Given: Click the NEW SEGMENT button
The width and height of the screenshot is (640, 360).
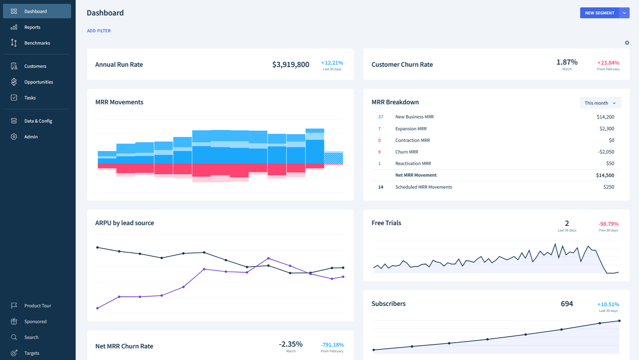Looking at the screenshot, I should point(599,13).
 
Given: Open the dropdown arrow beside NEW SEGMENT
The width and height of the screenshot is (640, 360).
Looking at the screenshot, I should point(624,13).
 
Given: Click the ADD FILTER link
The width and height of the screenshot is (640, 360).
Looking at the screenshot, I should point(99,31).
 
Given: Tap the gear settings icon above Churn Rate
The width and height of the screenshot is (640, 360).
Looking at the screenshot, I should point(627,43).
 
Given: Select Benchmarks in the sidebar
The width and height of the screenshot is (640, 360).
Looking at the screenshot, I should point(37,43).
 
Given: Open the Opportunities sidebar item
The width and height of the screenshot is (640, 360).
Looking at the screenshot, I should point(38,82).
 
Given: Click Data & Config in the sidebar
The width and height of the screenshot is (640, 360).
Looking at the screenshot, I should point(38,121).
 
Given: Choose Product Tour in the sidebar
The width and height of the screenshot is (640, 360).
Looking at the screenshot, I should point(38,306).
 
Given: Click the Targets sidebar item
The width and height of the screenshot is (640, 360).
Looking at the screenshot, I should point(32,353).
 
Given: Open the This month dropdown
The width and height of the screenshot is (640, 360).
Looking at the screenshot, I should point(600,103).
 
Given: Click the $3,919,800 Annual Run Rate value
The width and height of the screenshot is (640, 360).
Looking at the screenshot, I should point(290,65).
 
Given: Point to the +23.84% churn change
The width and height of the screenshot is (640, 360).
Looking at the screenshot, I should point(608,63).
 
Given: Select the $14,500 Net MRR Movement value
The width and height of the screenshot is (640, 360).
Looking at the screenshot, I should point(605,175).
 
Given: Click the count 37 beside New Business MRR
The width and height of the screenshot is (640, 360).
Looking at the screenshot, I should point(381,117).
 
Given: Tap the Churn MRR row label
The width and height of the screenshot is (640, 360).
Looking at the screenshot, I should point(407,152).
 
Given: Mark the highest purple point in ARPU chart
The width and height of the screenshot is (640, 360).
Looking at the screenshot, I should point(269,258).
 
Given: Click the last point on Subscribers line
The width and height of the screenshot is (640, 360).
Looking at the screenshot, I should point(619,321).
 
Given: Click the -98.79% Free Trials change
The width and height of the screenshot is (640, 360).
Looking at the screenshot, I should point(608,224).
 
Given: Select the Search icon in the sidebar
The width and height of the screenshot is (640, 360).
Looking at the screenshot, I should point(14,337).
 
